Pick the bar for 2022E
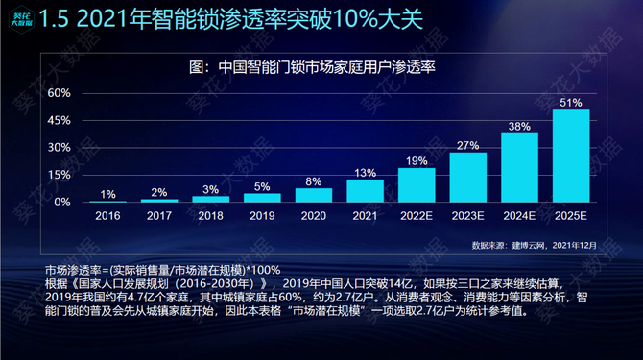point(416,184)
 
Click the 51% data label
point(571,102)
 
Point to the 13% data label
point(365,172)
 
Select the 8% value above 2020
point(314,180)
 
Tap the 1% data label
point(108,193)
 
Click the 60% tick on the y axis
point(60,93)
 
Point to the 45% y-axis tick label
point(60,121)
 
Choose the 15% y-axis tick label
point(60,175)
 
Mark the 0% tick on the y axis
point(62,203)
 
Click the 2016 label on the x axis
point(108,217)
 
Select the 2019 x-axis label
point(262,217)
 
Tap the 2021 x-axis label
point(365,217)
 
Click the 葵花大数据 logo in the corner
point(17,18)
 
